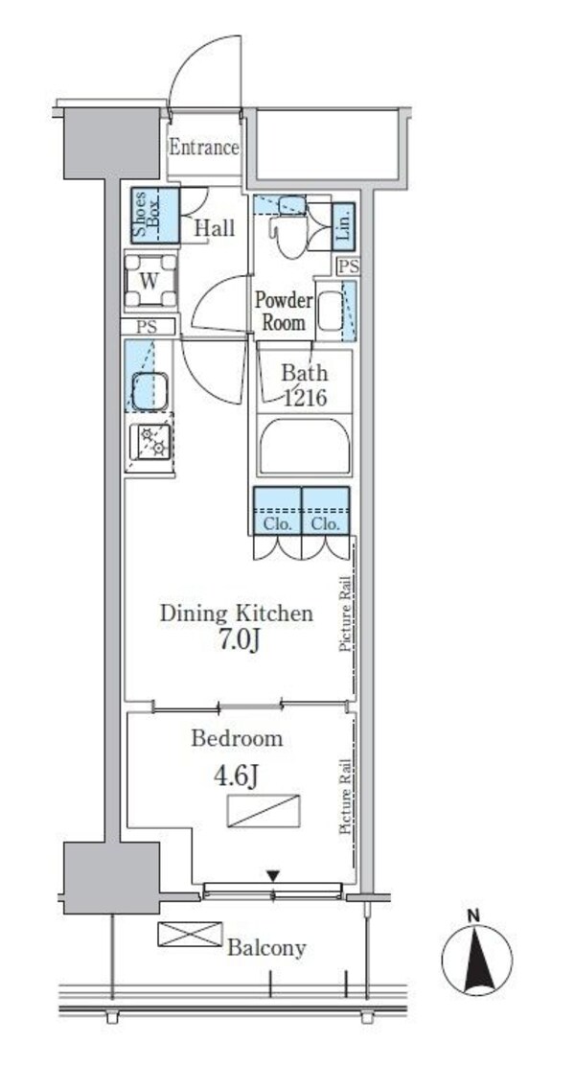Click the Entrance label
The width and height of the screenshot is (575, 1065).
pos(204,148)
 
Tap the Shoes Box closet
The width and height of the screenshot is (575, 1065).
pos(155,216)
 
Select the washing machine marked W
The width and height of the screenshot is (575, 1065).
pos(150,281)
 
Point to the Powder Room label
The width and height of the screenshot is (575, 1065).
pos(284,312)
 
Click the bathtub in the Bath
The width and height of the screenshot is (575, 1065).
pos(304,447)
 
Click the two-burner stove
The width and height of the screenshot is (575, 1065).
pos(150,442)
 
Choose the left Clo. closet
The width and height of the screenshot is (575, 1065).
pos(277,511)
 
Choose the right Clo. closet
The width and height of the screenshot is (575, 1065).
pos(326,511)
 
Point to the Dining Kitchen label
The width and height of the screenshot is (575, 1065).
pos(237,614)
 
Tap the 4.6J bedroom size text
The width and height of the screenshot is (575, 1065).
pos(236,776)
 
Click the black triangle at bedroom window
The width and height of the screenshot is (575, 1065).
pos(272,876)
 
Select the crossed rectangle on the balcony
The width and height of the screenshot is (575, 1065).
pos(190,934)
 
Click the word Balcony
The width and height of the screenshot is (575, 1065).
pos(266,947)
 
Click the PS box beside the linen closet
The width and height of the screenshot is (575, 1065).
pos(349,266)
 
